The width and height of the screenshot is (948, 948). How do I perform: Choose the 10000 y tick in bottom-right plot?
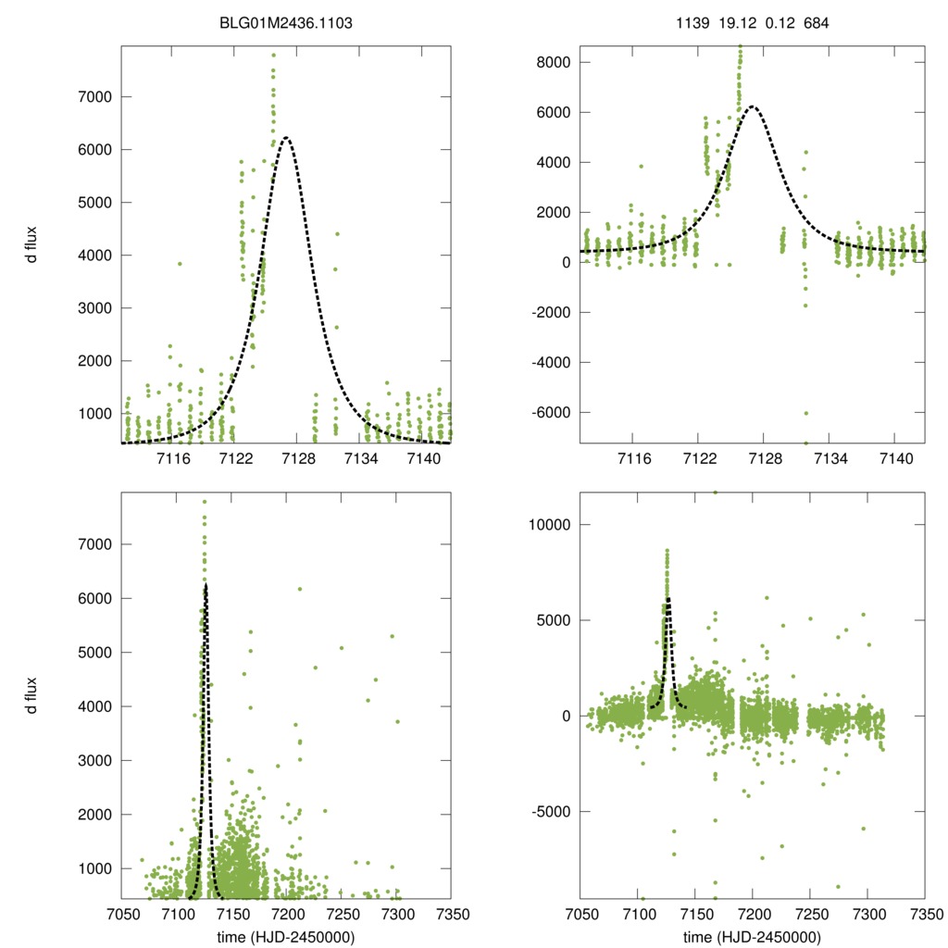[554, 524]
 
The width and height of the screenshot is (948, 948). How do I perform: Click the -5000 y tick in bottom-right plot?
[554, 812]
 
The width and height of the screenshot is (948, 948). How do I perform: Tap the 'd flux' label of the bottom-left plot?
[31, 695]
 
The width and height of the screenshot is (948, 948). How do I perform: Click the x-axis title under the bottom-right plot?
[752, 936]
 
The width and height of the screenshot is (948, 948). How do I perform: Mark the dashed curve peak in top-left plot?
[286, 138]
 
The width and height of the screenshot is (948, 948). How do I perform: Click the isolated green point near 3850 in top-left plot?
[180, 264]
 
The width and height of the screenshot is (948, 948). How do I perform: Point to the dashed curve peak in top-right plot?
[754, 106]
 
